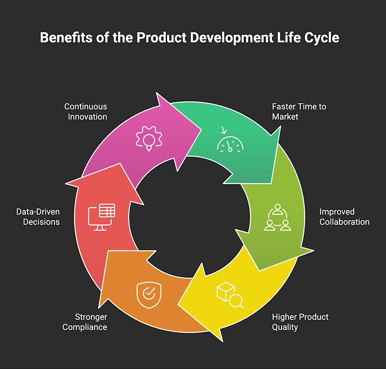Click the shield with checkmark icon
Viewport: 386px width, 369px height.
(149, 295)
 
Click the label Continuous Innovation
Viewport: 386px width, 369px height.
(86, 112)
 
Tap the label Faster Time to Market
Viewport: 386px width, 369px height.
(299, 112)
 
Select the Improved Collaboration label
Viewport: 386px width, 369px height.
(344, 217)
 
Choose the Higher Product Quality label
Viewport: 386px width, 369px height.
(300, 322)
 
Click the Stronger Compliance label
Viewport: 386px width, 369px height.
(85, 322)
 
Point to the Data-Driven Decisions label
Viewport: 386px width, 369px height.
(38, 217)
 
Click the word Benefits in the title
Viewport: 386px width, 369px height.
(66, 38)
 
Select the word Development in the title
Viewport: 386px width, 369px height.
(232, 38)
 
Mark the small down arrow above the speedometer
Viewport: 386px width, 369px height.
(224, 130)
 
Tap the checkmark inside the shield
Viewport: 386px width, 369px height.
(149, 293)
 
